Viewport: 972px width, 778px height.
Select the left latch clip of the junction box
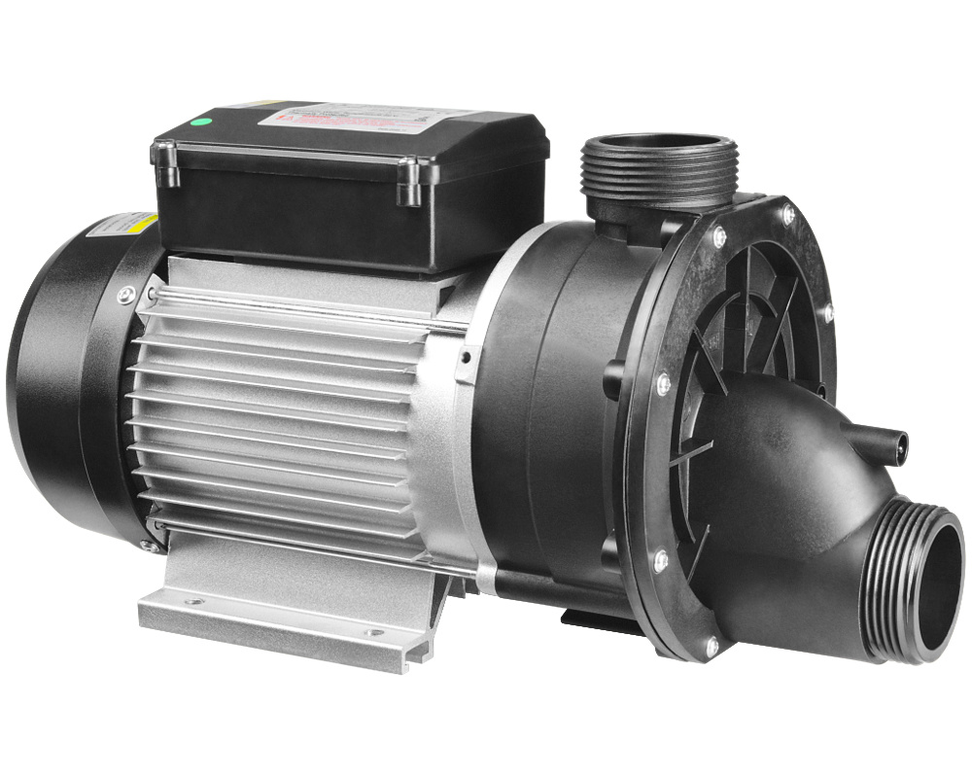tap(168, 162)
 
